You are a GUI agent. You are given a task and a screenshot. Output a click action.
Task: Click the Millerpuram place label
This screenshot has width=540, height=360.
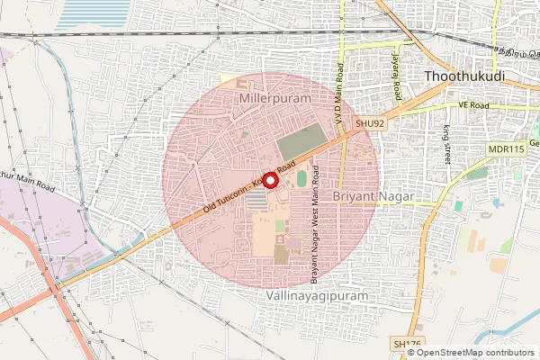pos(274,96)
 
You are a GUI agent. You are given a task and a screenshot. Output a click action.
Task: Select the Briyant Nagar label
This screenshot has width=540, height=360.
pos(373,195)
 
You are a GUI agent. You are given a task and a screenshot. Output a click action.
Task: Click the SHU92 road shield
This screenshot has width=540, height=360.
pos(370,123)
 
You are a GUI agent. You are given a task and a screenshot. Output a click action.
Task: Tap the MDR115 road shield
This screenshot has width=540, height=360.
pos(505,148)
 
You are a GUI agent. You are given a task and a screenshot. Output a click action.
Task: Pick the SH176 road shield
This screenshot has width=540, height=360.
pos(407,344)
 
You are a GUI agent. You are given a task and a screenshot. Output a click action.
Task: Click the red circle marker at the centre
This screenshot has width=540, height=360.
pos(268,178)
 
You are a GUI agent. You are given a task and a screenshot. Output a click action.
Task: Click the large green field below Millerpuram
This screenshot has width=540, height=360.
pos(301,143)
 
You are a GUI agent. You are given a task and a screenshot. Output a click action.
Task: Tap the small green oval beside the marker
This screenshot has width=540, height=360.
pos(301,179)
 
